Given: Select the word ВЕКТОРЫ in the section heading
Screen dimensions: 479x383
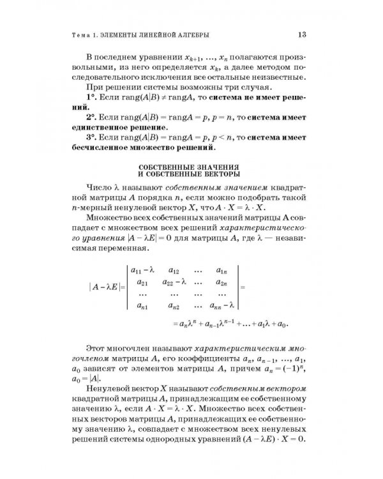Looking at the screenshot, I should coord(220,174).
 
